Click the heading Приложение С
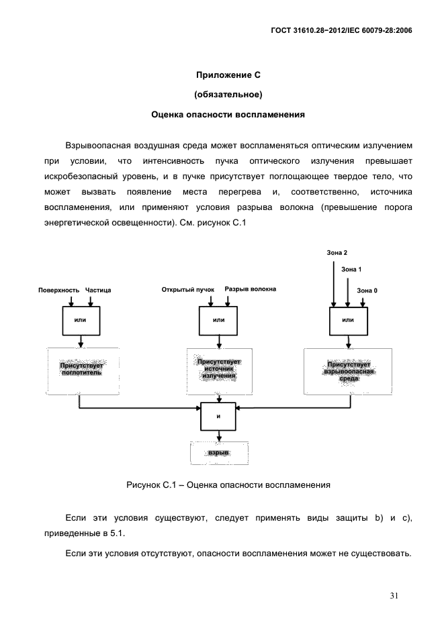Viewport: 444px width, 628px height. click(x=228, y=74)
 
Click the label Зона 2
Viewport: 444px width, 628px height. click(x=337, y=252)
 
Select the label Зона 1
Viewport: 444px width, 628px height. click(x=351, y=269)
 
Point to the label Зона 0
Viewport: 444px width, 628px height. click(x=367, y=290)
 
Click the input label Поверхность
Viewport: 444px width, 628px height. click(x=58, y=290)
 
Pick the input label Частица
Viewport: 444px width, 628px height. click(x=98, y=290)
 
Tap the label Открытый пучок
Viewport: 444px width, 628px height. click(x=187, y=290)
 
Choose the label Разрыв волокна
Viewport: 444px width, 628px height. click(x=250, y=290)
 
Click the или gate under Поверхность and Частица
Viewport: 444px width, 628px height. click(x=81, y=320)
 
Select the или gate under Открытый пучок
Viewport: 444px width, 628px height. click(x=218, y=320)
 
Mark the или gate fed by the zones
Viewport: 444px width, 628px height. click(x=347, y=320)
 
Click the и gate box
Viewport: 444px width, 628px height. click(x=218, y=416)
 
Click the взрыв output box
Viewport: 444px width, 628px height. click(x=219, y=454)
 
